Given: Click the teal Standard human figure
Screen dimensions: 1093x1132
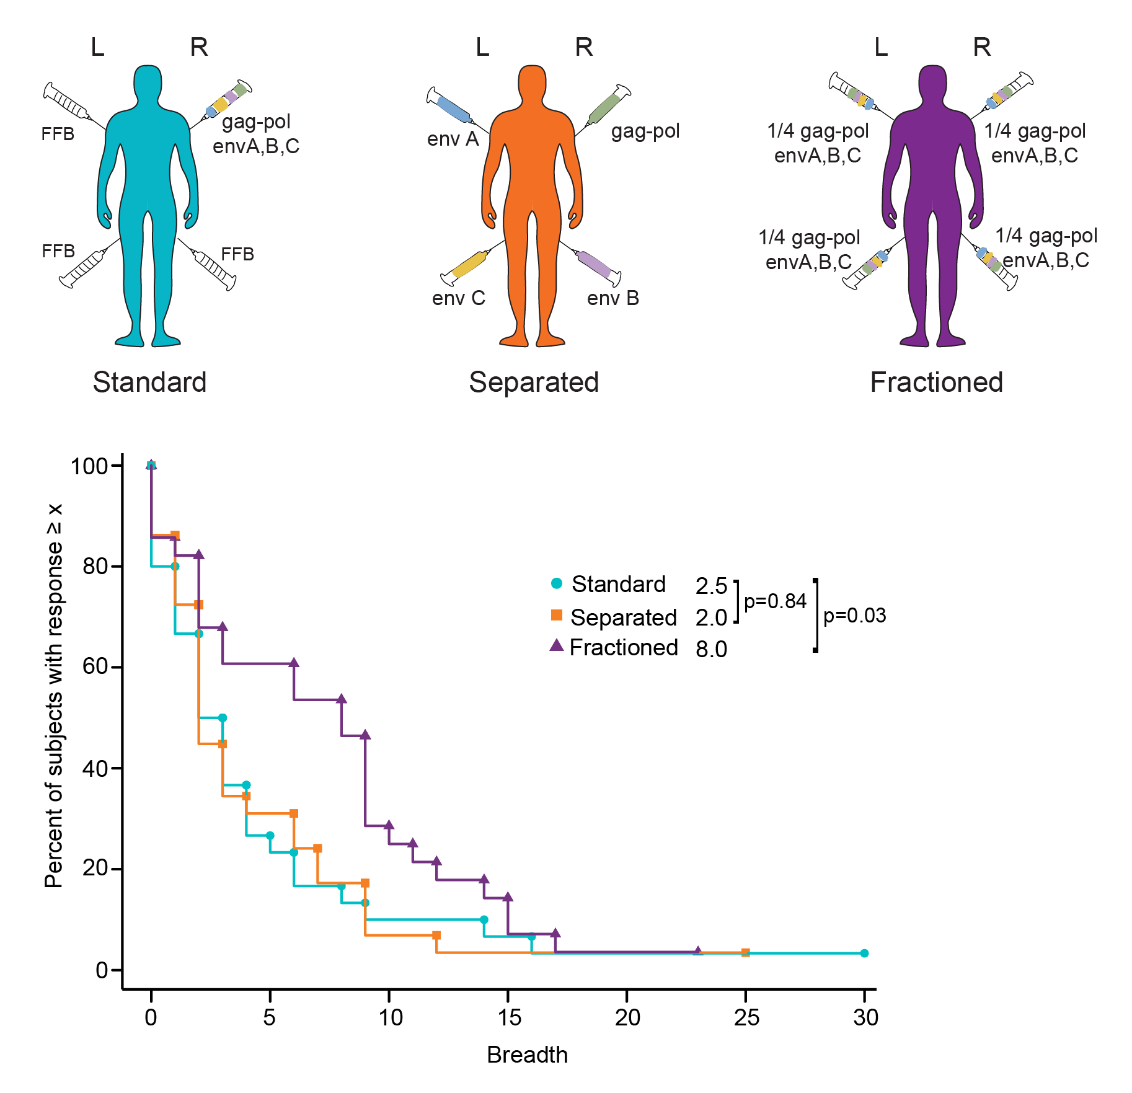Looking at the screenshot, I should click(x=148, y=186).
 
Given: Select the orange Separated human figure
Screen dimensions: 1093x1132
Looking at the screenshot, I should click(x=532, y=186).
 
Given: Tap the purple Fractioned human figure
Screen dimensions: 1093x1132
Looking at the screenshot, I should click(x=932, y=186).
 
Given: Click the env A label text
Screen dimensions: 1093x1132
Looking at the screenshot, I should click(x=453, y=139).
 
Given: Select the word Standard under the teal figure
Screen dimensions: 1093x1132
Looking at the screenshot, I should click(x=149, y=382).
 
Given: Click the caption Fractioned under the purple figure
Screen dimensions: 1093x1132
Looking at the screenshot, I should click(x=936, y=382).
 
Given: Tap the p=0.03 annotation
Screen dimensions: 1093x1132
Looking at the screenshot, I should click(x=854, y=616).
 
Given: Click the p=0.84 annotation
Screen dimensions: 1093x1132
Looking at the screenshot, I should click(x=775, y=601).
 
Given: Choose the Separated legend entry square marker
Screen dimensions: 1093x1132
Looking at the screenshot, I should click(x=557, y=615).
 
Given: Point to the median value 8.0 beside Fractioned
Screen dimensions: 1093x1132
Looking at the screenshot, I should click(x=711, y=649).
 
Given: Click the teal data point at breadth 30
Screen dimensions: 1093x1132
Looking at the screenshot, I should click(x=864, y=953).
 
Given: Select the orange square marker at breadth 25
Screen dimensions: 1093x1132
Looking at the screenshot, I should click(x=745, y=953).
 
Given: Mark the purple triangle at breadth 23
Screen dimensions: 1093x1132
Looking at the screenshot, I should click(x=698, y=951).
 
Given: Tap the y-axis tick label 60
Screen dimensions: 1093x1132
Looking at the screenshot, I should click(x=95, y=667).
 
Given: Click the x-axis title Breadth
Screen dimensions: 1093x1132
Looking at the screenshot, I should click(x=527, y=1055).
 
